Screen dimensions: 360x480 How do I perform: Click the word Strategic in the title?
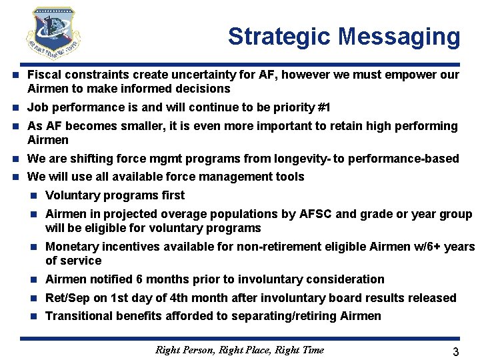279,37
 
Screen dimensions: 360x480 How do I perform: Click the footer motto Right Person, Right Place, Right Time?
239,349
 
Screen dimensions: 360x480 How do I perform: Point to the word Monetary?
71,247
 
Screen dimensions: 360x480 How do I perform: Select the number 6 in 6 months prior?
139,279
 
